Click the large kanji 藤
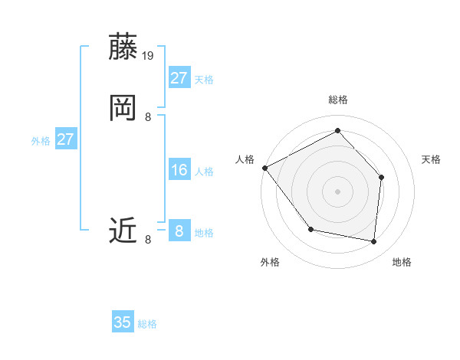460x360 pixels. click(123, 47)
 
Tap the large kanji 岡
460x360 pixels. click(123, 108)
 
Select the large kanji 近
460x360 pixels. click(123, 230)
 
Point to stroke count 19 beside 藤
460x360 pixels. click(149, 56)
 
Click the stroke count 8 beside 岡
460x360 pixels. click(148, 117)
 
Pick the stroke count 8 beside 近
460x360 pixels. click(148, 240)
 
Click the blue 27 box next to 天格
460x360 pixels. click(179, 78)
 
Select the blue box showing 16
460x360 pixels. click(179, 170)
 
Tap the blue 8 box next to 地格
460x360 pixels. click(179, 231)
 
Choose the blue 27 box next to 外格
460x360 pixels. click(65, 139)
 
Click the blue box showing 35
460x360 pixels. click(123, 322)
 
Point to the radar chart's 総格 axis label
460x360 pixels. click(338, 100)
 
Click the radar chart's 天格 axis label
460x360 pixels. click(431, 159)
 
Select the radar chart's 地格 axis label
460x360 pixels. click(402, 262)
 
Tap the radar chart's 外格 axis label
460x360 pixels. click(270, 262)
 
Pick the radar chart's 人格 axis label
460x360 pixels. click(245, 159)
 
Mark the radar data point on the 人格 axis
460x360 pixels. click(264, 168)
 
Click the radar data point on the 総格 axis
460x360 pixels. click(337, 131)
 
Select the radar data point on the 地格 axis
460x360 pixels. click(374, 242)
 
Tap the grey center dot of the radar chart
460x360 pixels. click(337, 191)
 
